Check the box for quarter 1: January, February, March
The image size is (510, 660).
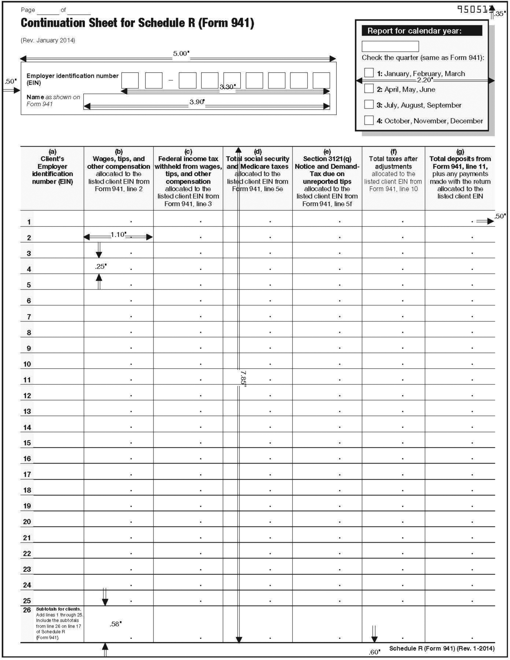(369, 73)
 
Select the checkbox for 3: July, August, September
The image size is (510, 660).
(369, 104)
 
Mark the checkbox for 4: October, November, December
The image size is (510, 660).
(369, 120)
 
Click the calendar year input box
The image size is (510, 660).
(390, 46)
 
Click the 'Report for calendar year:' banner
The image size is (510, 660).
(422, 31)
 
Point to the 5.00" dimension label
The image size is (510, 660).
(181, 54)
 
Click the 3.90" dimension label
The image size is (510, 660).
(197, 102)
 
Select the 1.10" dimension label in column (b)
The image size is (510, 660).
(118, 235)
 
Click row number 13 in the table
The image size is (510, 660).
(27, 411)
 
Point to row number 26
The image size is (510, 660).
(27, 610)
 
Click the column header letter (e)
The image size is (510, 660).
(327, 152)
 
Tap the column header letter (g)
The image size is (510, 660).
(460, 152)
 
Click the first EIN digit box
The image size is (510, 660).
(130, 80)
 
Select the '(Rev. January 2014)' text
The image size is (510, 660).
(48, 40)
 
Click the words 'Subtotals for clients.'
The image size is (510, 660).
(58, 609)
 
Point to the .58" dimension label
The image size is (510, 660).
(115, 624)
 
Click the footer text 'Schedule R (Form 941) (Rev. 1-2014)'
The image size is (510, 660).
(442, 648)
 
